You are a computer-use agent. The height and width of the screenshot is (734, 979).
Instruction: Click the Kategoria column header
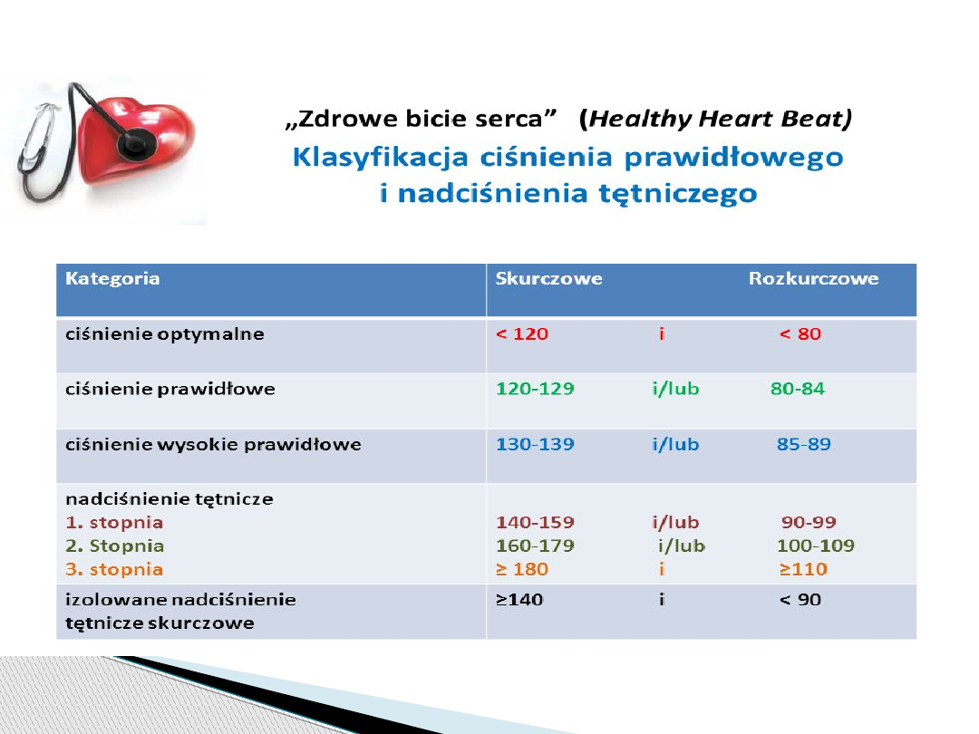112,279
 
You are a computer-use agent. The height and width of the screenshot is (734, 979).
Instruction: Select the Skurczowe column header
548,278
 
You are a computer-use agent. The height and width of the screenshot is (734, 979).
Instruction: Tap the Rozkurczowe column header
813,278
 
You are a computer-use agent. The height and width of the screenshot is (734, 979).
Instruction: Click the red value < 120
522,333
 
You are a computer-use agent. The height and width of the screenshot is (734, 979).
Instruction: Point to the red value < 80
800,333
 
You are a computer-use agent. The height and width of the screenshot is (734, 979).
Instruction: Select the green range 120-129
535,389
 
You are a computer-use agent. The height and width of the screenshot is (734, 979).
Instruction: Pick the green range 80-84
798,389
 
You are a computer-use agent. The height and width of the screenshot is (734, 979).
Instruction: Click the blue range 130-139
535,444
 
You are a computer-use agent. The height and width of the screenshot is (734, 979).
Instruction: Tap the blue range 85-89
804,444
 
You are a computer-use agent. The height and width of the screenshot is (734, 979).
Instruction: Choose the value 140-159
535,523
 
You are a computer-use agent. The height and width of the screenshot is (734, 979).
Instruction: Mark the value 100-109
816,546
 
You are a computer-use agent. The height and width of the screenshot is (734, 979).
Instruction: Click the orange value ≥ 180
522,569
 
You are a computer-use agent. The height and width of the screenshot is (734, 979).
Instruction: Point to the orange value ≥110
803,569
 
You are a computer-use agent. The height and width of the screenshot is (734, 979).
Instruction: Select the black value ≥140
519,600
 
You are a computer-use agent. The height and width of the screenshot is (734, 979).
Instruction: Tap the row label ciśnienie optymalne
165,334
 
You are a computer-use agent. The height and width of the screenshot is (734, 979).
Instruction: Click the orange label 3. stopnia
114,570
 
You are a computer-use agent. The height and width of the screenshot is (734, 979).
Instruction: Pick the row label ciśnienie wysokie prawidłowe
214,445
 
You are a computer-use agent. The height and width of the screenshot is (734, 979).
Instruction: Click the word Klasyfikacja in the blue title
380,158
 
